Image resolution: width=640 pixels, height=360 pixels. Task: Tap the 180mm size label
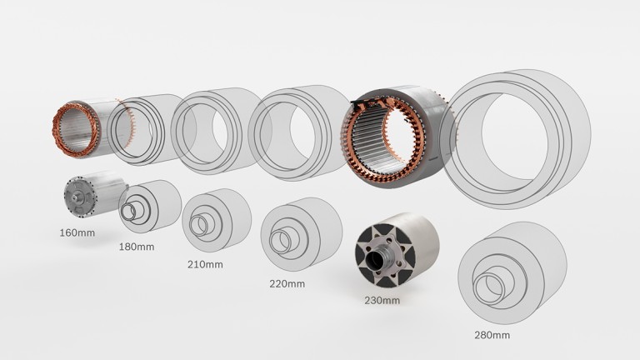click(x=137, y=247)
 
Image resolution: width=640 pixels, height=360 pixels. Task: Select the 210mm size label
click(x=204, y=265)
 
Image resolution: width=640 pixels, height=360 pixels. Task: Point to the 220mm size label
click(x=287, y=283)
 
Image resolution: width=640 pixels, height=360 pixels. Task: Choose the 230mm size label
click(x=382, y=300)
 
